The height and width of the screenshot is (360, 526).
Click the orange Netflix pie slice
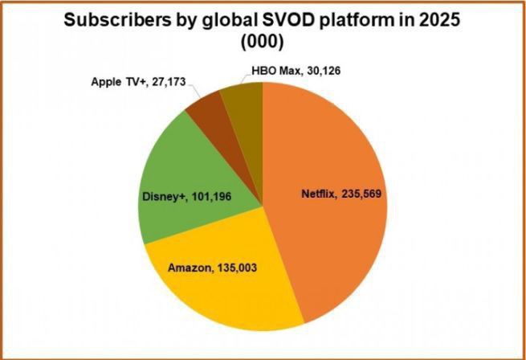337,145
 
